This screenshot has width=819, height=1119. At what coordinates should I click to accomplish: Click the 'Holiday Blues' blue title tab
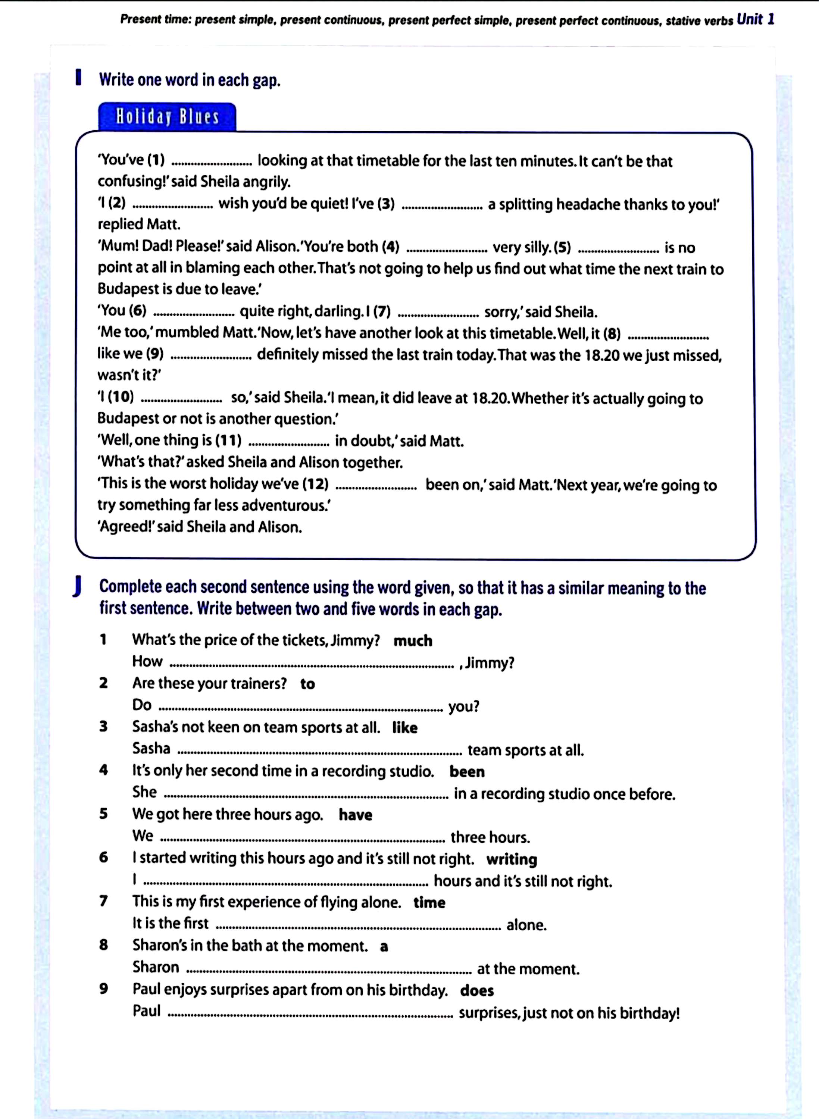tap(167, 117)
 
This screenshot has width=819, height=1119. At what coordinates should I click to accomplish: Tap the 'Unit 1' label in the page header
tap(755, 20)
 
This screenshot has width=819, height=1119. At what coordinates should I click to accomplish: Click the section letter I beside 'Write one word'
tap(78, 78)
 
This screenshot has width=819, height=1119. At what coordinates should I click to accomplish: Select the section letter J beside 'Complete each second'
tap(77, 588)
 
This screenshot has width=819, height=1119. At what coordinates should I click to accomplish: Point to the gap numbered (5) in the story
tap(618, 249)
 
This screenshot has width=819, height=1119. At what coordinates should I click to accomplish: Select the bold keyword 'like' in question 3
tap(404, 727)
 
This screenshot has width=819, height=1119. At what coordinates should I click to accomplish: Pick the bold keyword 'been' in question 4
tap(467, 772)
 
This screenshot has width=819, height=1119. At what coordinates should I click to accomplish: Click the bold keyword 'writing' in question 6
tap(512, 859)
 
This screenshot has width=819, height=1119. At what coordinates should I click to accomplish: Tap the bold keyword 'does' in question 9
tap(477, 991)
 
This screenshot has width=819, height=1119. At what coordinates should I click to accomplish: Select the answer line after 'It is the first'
tap(359, 926)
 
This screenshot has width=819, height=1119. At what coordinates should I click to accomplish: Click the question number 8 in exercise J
tap(103, 946)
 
